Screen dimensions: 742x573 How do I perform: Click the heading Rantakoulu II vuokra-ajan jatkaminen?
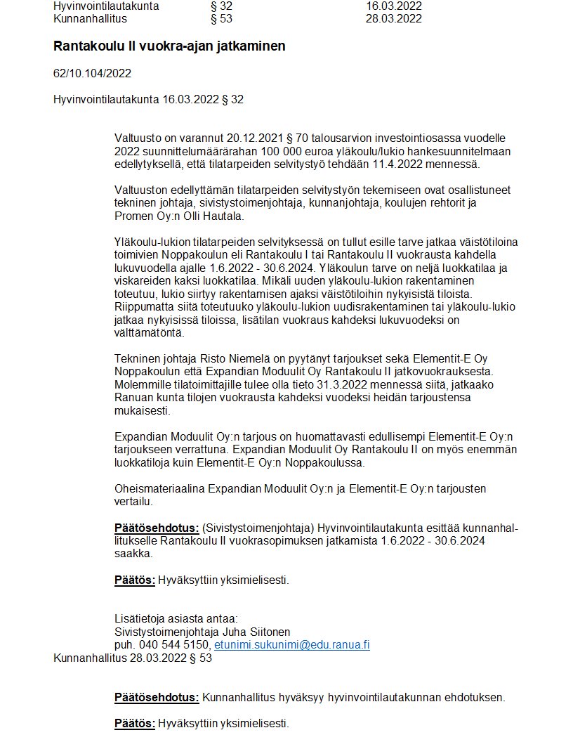(x=169, y=46)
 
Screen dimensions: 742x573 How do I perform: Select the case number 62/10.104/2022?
(x=92, y=73)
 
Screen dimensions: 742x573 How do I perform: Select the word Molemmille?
(x=144, y=384)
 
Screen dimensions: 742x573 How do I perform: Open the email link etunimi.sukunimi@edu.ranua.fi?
(x=291, y=645)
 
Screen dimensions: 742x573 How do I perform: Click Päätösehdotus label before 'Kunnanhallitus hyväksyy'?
(x=157, y=698)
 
